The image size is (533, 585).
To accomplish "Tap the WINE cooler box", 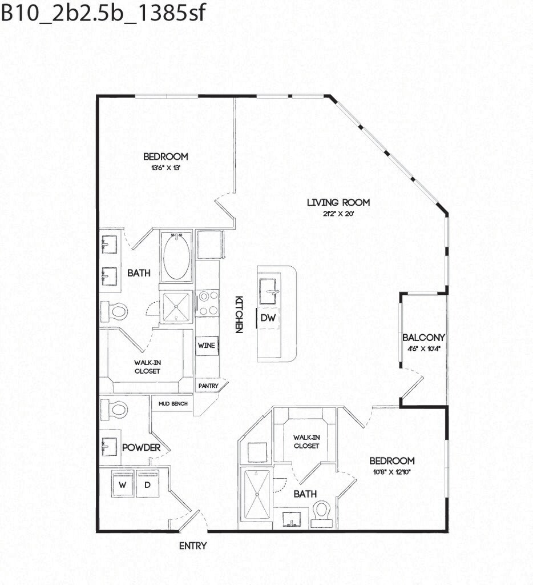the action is click(x=207, y=346).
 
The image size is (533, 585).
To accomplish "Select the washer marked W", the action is click(x=123, y=484).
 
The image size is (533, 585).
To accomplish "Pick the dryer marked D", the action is click(x=147, y=484).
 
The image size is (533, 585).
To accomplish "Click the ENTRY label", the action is click(x=193, y=546).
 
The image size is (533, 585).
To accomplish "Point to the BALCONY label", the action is click(x=423, y=338).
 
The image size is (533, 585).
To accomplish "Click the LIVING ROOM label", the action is click(x=338, y=202).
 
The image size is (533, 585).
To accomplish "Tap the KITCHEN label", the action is click(x=240, y=314).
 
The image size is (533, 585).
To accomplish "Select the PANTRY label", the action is click(x=208, y=386).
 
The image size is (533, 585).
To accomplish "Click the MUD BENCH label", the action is click(x=172, y=403).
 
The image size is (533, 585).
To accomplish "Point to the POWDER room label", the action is click(x=142, y=447).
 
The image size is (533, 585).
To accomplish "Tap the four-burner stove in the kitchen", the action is click(x=207, y=303).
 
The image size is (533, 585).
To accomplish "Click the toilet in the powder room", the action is click(x=114, y=409).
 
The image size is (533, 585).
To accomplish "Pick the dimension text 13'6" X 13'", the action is click(x=165, y=168).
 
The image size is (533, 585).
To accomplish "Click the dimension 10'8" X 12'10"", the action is click(x=391, y=472).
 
